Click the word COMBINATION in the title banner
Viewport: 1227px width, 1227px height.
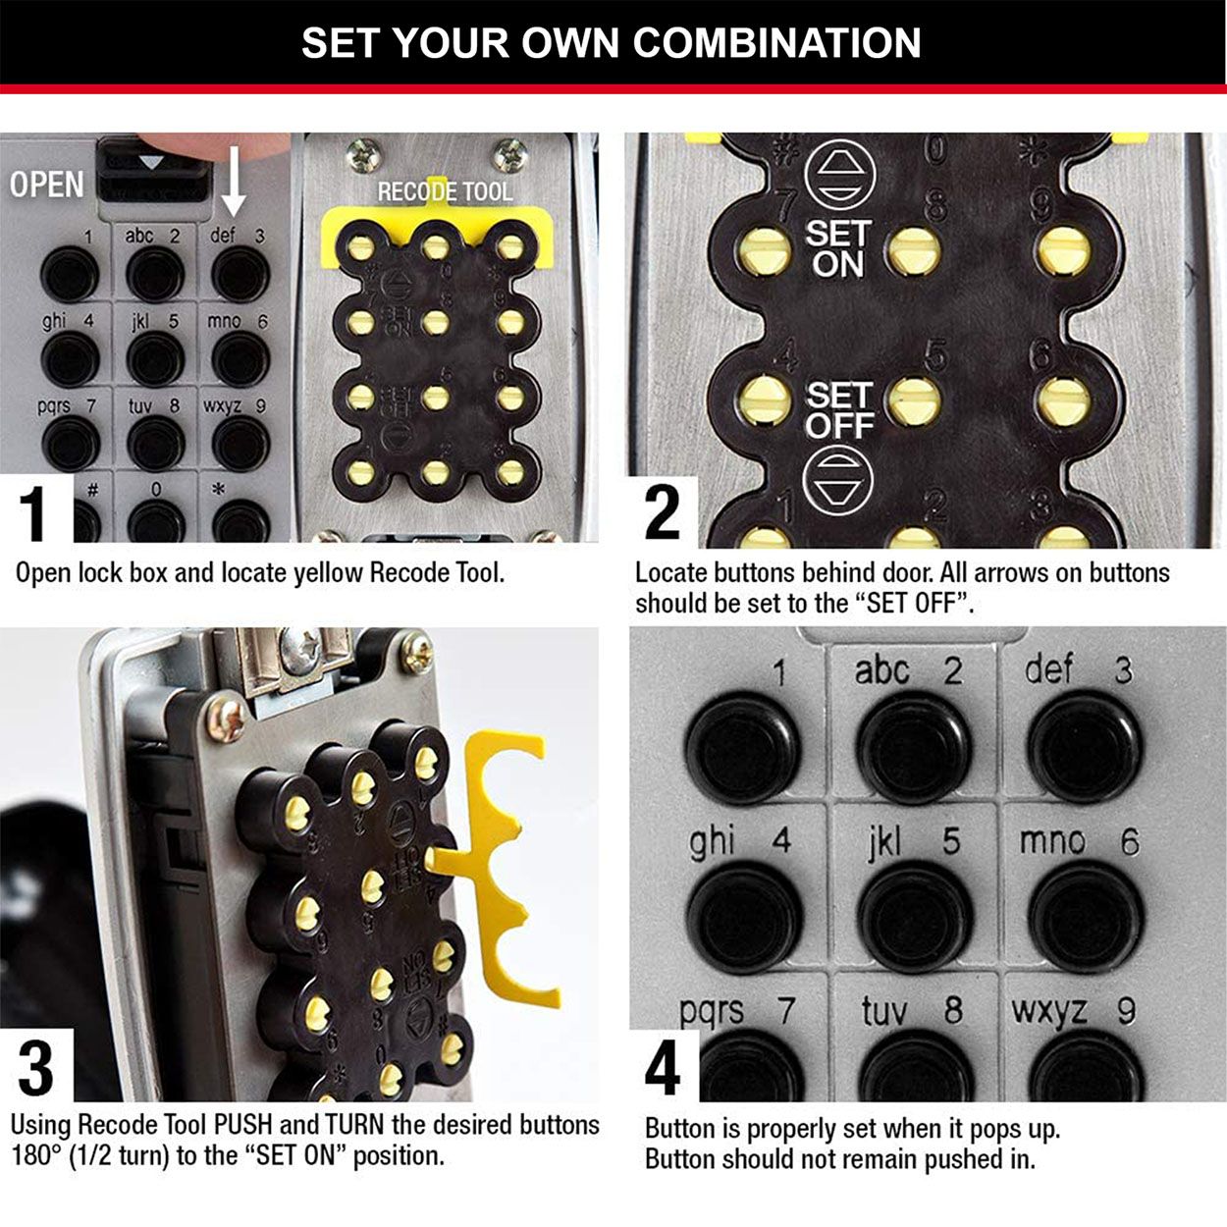(776, 42)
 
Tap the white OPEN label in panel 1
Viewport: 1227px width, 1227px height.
(46, 184)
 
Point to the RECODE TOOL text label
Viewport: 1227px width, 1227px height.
(445, 191)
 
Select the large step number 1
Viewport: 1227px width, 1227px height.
(34, 510)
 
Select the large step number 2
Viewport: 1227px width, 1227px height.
(662, 512)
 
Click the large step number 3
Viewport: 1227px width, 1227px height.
(35, 1068)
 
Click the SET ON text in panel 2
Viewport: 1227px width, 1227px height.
(837, 248)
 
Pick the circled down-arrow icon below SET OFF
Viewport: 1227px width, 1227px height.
(836, 480)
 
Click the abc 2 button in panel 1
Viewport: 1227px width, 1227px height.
(155, 272)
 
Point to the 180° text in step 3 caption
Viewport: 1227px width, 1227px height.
(37, 1155)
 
